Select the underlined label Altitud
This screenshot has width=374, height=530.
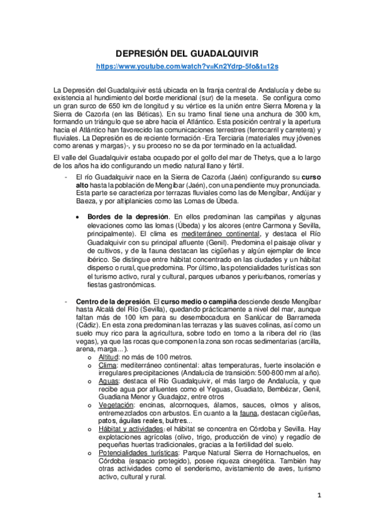(x=112, y=356)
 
